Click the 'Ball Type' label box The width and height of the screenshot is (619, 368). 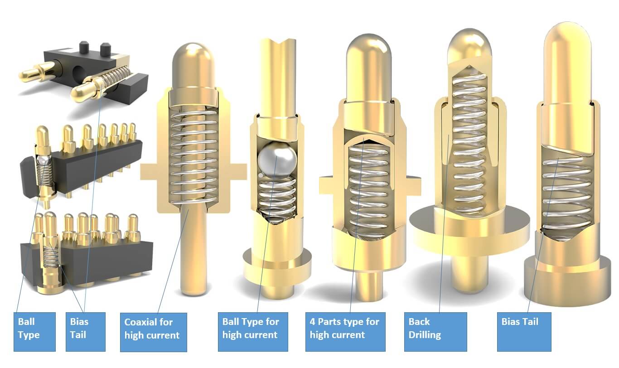(x=34, y=332)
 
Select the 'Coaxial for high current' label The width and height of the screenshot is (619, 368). (x=153, y=332)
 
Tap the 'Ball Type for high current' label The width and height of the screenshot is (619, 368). (x=253, y=332)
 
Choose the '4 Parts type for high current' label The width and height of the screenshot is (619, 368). (x=345, y=332)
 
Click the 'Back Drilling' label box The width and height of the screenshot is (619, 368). (x=435, y=332)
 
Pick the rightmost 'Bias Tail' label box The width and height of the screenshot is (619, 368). (x=524, y=332)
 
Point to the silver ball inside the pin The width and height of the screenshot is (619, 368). (x=277, y=160)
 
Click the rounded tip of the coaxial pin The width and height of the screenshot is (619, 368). (x=193, y=63)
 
